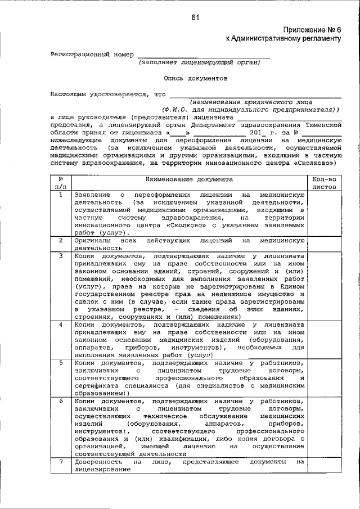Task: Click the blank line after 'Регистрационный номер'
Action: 202,55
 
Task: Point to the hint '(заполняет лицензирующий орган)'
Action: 200,62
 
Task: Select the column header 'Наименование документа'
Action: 188,179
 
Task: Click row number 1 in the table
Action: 61,195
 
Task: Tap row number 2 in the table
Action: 61,241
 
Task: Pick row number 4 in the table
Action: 61,325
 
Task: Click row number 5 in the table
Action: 61,363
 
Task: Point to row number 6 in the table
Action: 61,402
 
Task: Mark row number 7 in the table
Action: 61,462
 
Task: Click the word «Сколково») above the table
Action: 316,163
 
